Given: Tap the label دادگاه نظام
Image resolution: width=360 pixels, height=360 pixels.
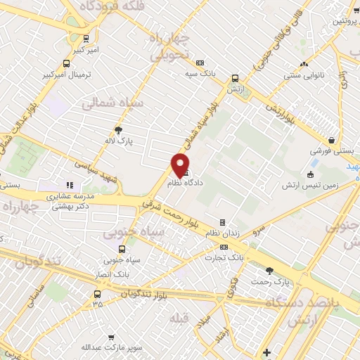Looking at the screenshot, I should (x=186, y=182).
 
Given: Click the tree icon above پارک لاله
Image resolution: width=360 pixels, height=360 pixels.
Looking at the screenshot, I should (x=118, y=130).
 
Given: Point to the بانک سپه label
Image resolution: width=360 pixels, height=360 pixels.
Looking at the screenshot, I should (x=200, y=72).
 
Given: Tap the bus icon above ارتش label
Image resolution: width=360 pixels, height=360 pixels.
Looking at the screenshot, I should (x=234, y=79).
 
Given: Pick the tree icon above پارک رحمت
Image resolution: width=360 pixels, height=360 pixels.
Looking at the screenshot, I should (x=269, y=271).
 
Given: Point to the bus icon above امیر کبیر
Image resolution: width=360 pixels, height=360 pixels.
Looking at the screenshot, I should (x=85, y=39).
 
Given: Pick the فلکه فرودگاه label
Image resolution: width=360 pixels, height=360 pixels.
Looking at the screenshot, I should (x=107, y=6).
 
